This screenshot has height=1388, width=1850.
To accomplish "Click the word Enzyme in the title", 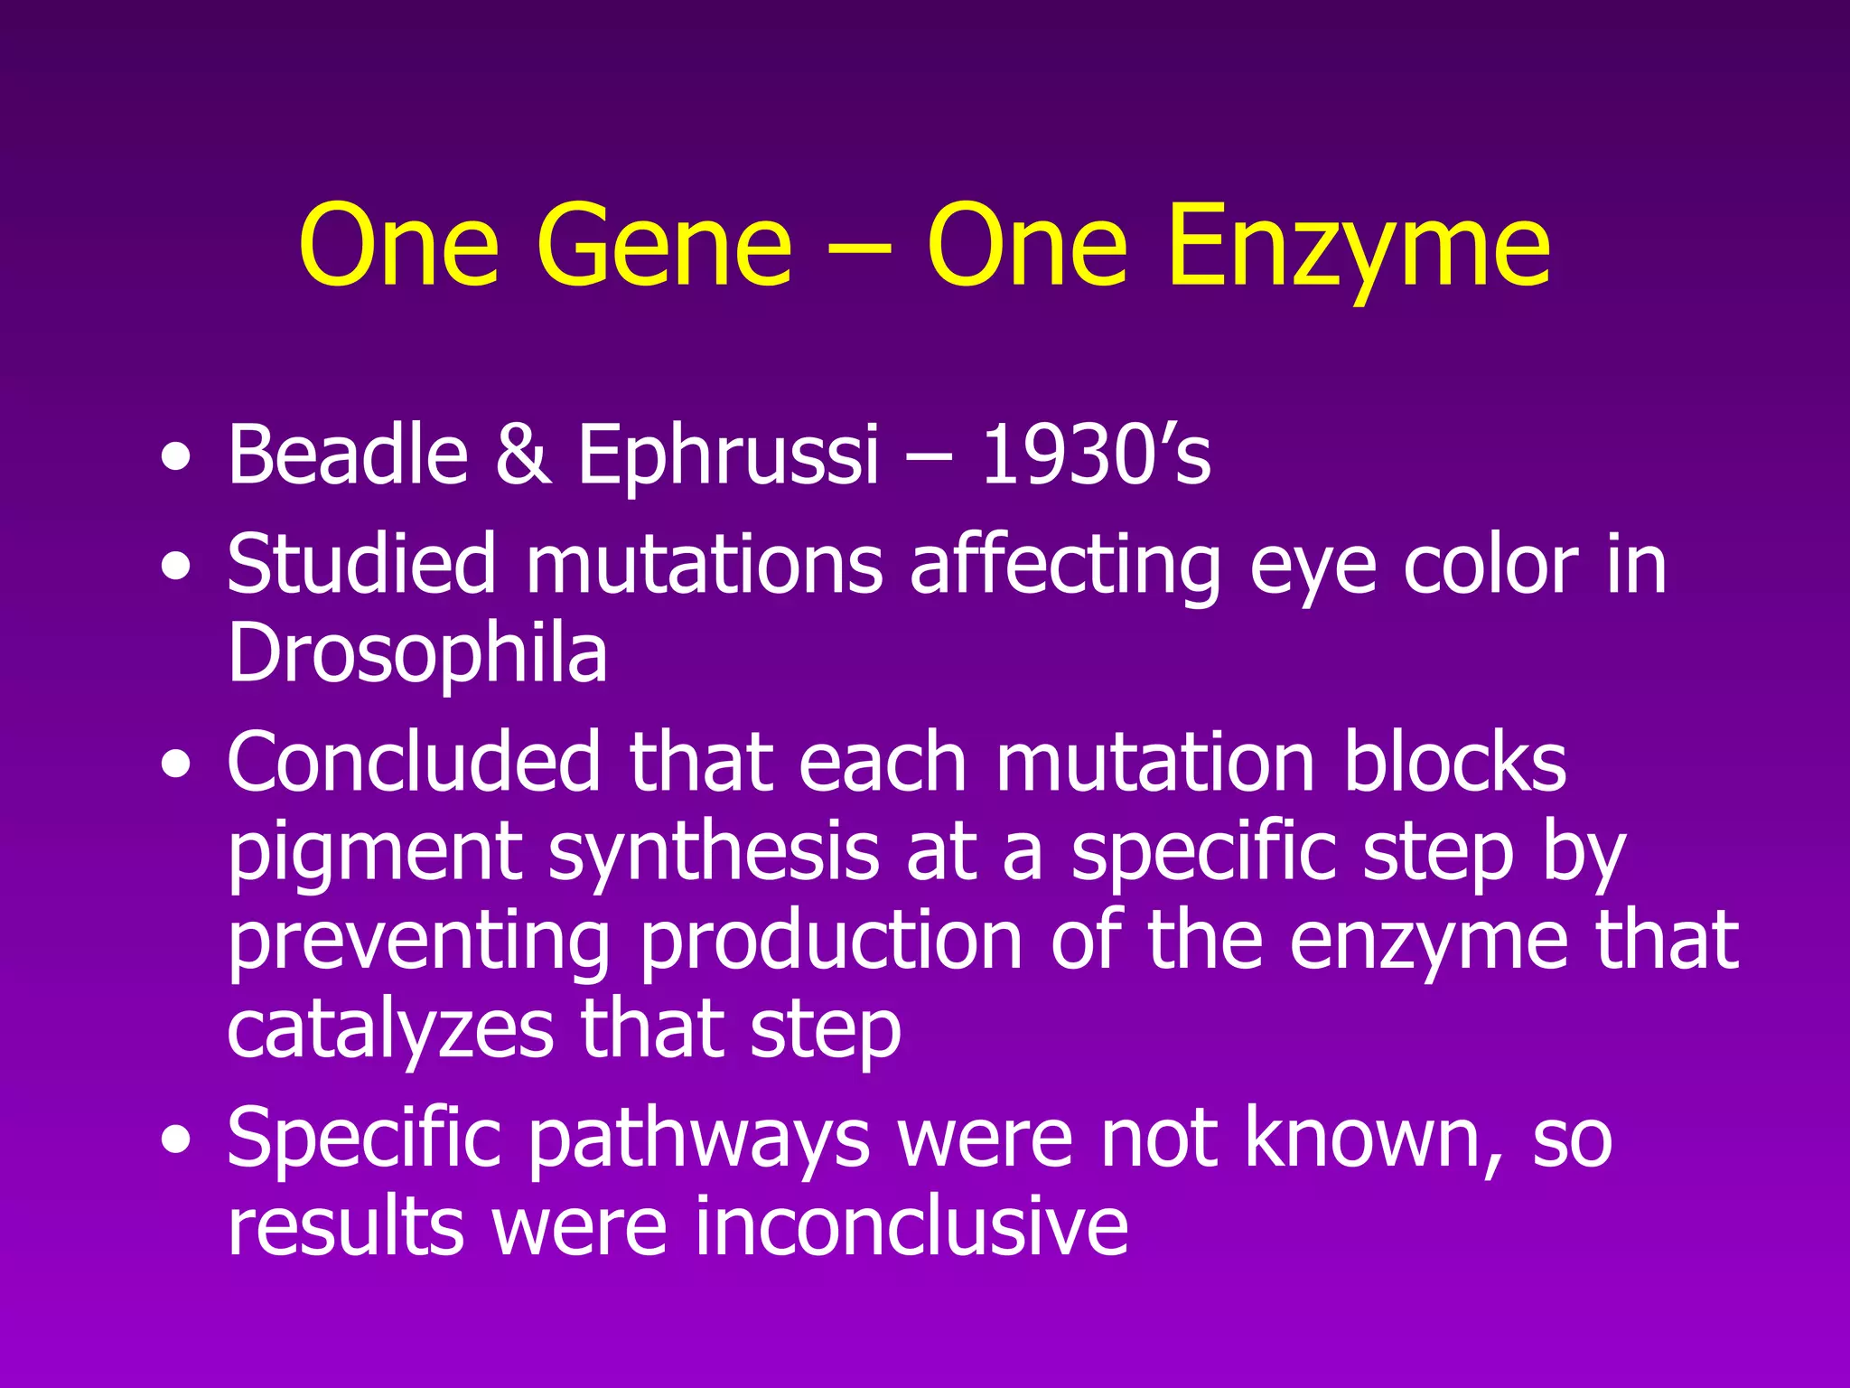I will [x=1358, y=246].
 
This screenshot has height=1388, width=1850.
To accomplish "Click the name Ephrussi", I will [x=727, y=456].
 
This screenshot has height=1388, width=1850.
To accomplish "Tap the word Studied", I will [x=361, y=565].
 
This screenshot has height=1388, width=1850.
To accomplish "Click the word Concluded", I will [x=414, y=762].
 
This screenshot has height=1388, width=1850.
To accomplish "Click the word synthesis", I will [x=714, y=854].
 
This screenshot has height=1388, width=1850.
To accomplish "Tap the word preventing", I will [x=418, y=943].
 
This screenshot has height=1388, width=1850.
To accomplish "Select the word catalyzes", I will [x=389, y=1030].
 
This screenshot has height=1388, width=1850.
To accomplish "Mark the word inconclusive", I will [x=911, y=1226].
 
